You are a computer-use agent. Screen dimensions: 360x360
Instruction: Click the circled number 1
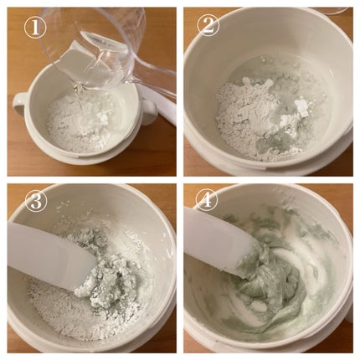click(x=35, y=28)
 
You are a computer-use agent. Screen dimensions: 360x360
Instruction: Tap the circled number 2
click(x=208, y=25)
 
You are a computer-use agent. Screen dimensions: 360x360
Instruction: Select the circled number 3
click(x=36, y=202)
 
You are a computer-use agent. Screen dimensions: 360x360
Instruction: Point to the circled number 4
click(x=207, y=199)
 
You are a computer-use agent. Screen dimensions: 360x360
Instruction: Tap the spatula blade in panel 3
click(x=50, y=258)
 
